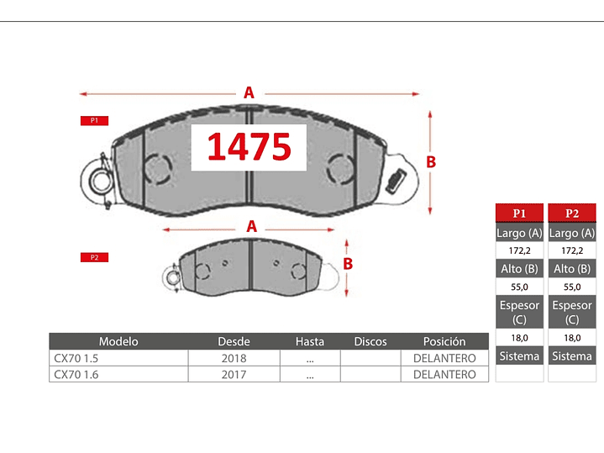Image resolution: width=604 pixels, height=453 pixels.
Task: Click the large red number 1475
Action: (x=249, y=147)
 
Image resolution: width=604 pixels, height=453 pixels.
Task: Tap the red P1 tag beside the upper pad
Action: (x=94, y=121)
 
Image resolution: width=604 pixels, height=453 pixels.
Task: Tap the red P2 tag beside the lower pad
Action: (x=94, y=257)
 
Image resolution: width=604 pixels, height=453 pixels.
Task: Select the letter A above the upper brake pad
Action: (x=249, y=93)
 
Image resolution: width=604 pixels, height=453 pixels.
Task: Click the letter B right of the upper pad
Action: (x=431, y=162)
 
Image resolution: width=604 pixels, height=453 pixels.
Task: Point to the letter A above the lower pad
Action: (x=250, y=226)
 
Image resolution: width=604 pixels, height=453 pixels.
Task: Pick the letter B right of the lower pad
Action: (x=347, y=263)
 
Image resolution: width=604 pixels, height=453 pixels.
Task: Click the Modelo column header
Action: (x=118, y=342)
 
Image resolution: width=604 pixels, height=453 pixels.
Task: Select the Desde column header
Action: (x=234, y=342)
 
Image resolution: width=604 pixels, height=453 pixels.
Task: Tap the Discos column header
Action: (x=370, y=342)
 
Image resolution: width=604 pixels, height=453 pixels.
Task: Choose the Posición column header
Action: (x=444, y=342)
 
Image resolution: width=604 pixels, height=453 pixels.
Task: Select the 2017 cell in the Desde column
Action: (x=233, y=374)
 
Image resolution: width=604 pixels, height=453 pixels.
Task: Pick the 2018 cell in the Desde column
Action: (x=233, y=358)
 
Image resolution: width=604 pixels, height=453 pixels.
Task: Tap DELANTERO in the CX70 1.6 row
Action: (x=444, y=374)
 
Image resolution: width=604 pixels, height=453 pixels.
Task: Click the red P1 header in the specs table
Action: (x=519, y=213)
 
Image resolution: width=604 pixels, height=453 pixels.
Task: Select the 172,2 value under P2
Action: (x=571, y=250)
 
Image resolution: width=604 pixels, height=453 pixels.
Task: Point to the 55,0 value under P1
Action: (x=519, y=287)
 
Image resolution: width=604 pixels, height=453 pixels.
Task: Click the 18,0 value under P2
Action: (x=571, y=337)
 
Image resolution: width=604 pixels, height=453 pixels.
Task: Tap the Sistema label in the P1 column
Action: (x=519, y=356)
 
